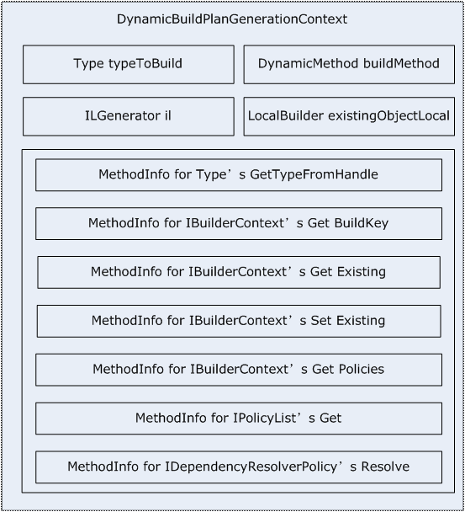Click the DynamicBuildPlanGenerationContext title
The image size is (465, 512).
click(232, 19)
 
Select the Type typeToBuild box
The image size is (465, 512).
click(129, 64)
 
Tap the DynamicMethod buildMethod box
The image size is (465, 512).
click(349, 64)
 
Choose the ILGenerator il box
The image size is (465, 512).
click(129, 116)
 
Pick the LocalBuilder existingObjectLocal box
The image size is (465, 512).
click(349, 116)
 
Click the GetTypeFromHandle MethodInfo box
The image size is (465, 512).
click(239, 175)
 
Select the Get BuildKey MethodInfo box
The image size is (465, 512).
click(239, 224)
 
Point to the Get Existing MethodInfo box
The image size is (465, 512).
click(239, 272)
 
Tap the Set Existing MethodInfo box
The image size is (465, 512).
click(239, 321)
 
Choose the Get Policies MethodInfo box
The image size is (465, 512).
click(239, 370)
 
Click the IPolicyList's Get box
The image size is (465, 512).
click(239, 419)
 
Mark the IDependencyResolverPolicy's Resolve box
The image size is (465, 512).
click(239, 467)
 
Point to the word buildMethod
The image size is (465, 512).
click(401, 63)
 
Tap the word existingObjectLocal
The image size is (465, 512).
click(388, 116)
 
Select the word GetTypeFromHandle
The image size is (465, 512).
click(314, 174)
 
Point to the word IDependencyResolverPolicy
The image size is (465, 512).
click(251, 467)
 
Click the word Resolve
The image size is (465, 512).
click(385, 467)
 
